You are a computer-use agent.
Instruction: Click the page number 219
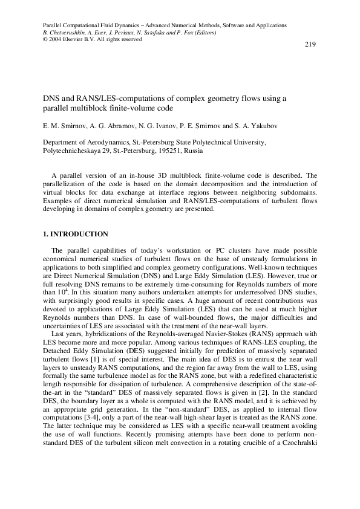[310, 45]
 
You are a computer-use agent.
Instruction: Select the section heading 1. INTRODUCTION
[75, 234]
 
